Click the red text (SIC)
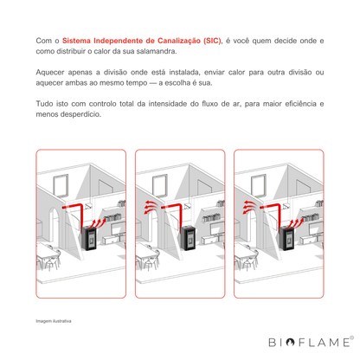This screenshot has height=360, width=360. click(x=212, y=41)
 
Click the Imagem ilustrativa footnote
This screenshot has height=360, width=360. click(x=54, y=321)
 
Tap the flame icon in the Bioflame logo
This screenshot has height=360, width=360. click(x=290, y=343)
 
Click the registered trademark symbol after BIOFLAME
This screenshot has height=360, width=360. click(x=351, y=337)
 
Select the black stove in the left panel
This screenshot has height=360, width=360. click(x=90, y=238)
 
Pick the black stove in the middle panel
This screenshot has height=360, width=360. click(x=189, y=238)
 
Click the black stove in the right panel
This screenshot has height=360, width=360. click(x=287, y=238)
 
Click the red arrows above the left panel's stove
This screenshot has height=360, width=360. click(x=98, y=223)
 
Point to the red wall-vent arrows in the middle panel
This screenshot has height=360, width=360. click(x=151, y=208)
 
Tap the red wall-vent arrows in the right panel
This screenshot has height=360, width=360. click(x=249, y=208)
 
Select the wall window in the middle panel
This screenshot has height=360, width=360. click(x=160, y=186)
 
